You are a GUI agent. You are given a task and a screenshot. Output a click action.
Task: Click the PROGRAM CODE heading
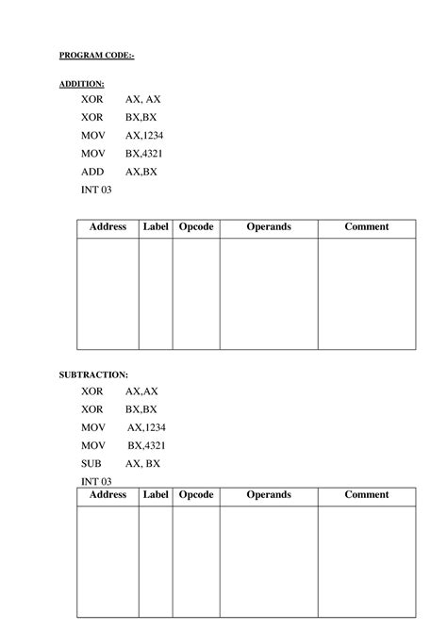97,56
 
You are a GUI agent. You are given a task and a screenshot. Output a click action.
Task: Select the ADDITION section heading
82,84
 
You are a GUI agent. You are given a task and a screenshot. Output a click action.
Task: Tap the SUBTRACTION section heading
93,374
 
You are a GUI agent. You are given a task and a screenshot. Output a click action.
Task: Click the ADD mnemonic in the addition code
92,172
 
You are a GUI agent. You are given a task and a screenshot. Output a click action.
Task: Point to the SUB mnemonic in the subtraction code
91,463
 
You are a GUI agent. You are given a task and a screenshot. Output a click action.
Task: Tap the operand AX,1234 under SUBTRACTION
146,427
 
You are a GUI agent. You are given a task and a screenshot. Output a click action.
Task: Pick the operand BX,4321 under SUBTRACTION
147,445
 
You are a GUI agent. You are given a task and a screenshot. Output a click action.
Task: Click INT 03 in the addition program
96,190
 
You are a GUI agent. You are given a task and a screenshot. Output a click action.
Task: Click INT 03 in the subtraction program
96,481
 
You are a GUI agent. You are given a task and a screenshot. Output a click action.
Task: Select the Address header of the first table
108,227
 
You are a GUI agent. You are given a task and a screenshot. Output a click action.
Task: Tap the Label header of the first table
156,227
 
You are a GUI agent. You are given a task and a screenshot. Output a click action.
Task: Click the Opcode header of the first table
196,227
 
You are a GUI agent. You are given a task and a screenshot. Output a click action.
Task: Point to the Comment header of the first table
366,227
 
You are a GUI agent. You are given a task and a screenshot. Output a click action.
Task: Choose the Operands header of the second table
269,495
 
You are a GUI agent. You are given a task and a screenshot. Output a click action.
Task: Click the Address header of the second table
108,495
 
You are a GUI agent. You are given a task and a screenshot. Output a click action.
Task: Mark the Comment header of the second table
366,495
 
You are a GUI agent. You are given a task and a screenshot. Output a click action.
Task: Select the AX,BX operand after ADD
141,172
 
